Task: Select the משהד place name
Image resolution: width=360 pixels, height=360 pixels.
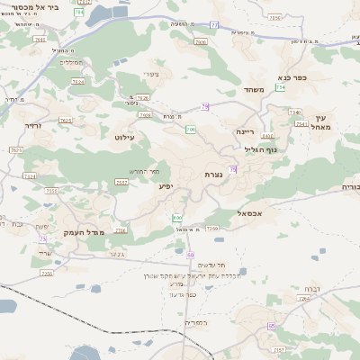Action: [x=253, y=90]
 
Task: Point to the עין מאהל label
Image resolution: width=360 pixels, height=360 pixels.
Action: [x=323, y=123]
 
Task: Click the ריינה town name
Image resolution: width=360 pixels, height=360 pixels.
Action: [x=246, y=131]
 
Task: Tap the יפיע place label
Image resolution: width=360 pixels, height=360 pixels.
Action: [x=167, y=186]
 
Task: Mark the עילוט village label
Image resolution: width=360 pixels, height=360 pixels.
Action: [x=124, y=137]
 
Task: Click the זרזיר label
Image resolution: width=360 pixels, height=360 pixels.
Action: [x=34, y=126]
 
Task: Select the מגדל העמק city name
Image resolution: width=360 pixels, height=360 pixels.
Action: [x=85, y=232]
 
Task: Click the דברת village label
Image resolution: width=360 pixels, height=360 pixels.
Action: [x=310, y=289]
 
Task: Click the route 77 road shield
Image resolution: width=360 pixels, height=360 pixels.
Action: [x=214, y=25]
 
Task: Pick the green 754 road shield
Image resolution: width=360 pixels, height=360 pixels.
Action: [x=281, y=87]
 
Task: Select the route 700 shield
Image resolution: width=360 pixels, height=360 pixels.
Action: [x=190, y=130]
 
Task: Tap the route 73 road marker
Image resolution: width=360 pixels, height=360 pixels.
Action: [x=42, y=238]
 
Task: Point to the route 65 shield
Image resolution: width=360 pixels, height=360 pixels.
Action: [x=271, y=326]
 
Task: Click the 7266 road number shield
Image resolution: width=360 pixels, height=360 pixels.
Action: [x=212, y=229]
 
